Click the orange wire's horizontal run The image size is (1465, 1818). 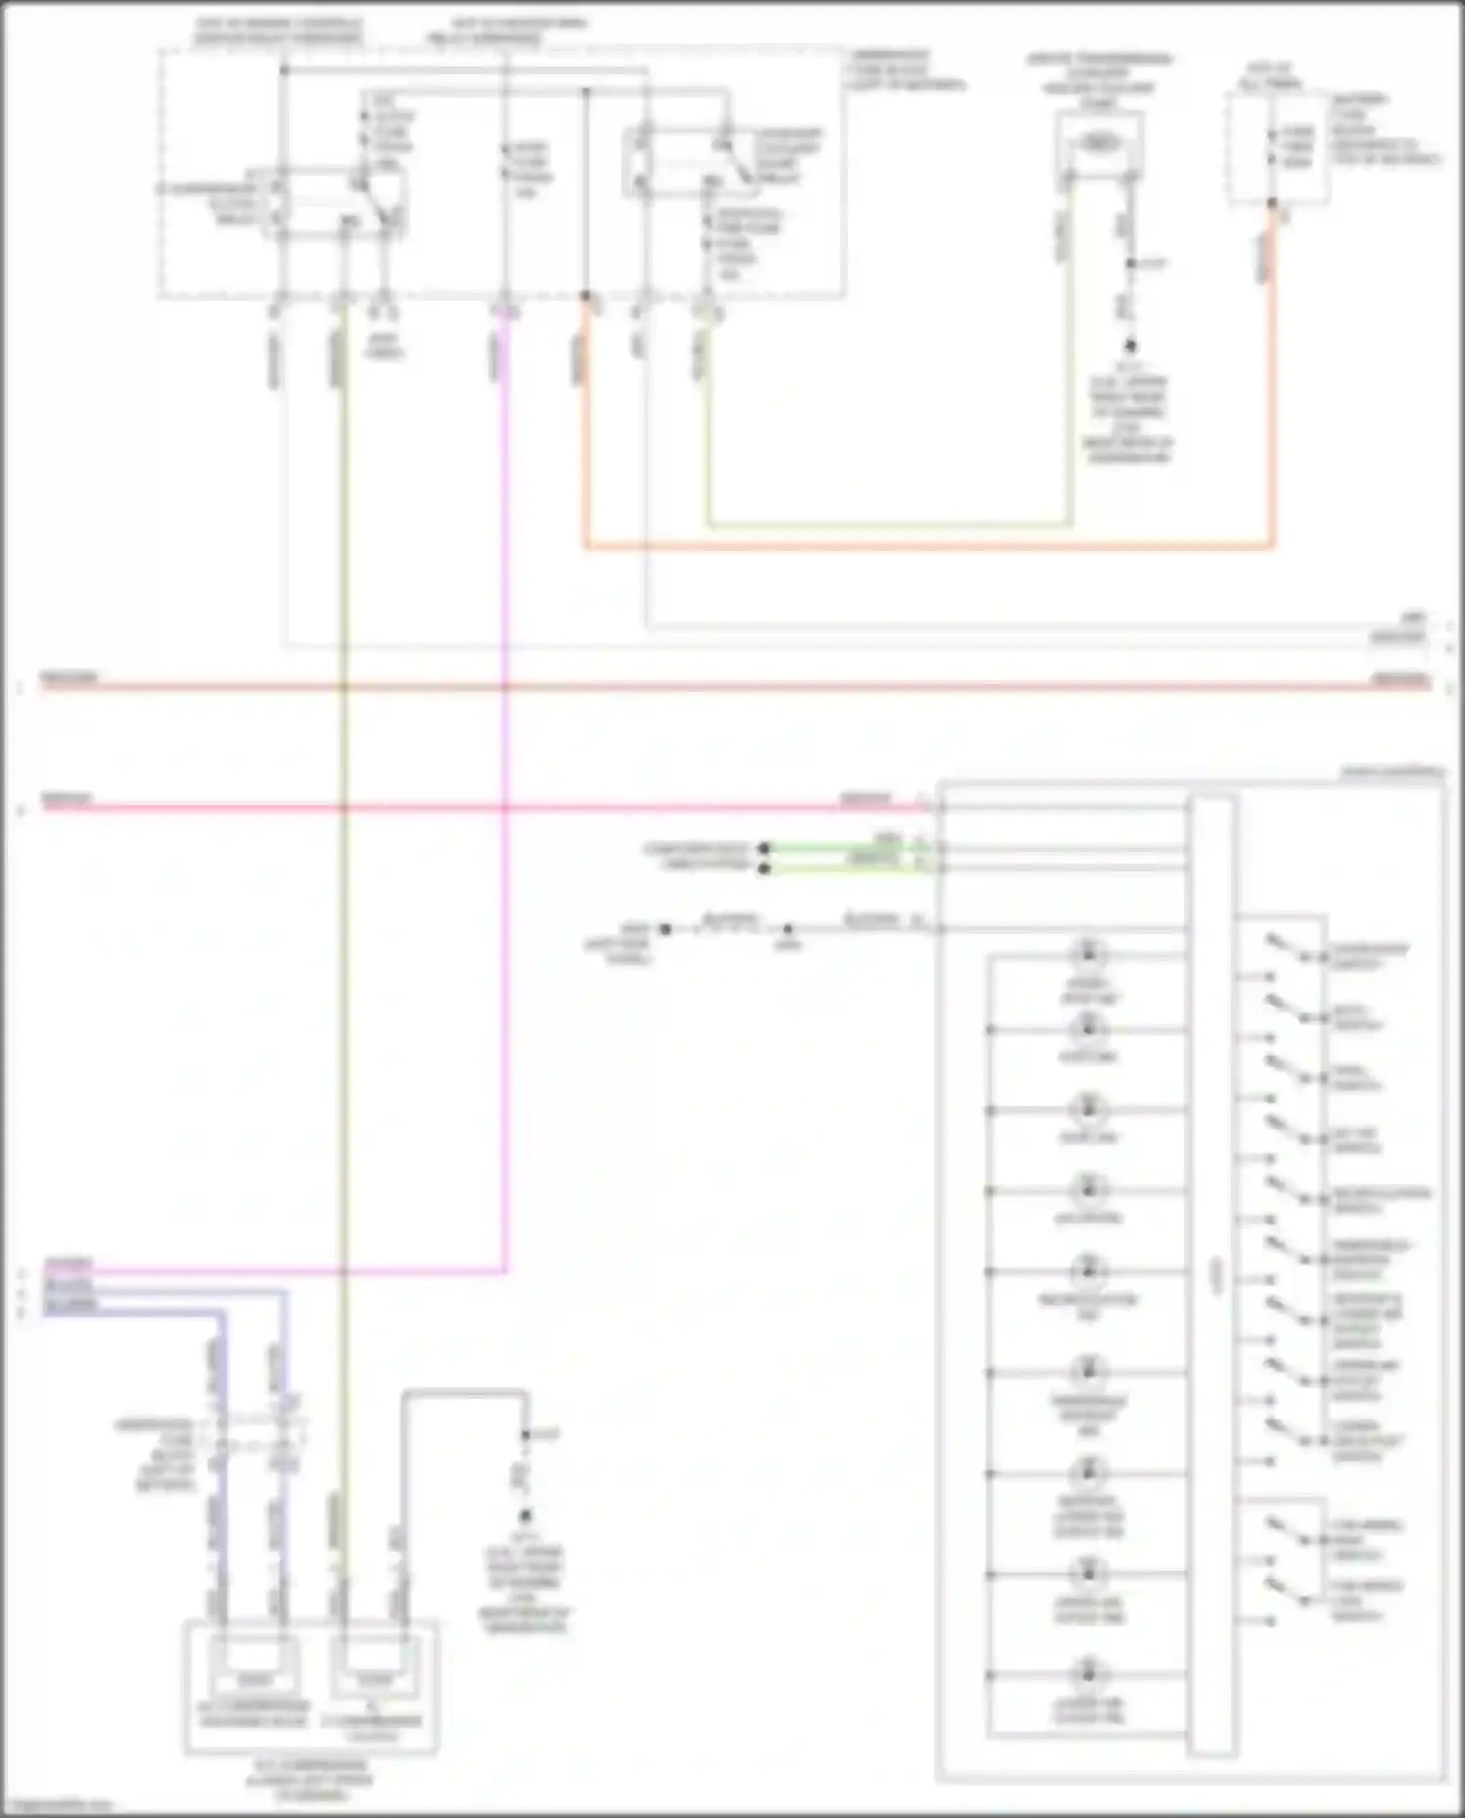(928, 547)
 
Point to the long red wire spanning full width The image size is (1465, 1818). (732, 687)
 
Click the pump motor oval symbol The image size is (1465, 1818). (1099, 144)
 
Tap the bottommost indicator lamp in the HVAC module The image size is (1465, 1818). (1087, 1675)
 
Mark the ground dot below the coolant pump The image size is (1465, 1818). (1130, 346)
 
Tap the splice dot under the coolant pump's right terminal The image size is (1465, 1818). (1130, 264)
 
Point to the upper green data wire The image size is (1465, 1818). (850, 848)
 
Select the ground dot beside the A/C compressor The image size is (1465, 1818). (525, 1516)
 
